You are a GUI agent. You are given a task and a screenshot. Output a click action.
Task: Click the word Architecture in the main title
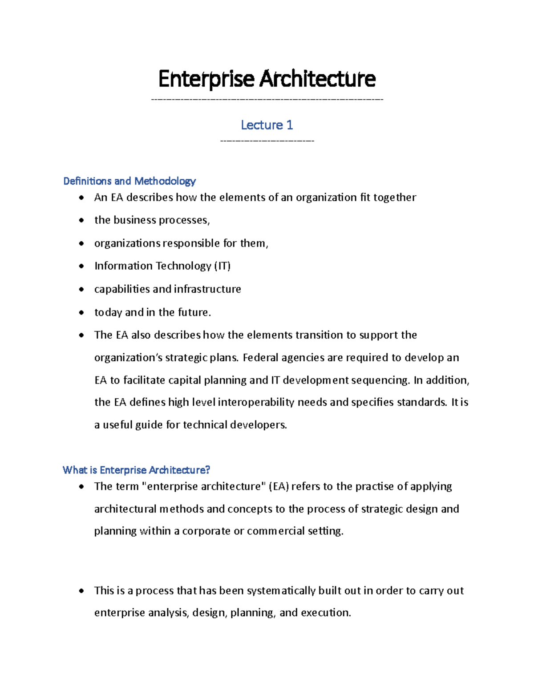[x=317, y=79]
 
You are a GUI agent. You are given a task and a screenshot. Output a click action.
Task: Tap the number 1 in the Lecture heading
[x=289, y=125]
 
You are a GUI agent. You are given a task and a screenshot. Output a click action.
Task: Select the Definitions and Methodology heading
[x=129, y=181]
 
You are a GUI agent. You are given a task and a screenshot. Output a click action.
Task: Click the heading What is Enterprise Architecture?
[x=136, y=470]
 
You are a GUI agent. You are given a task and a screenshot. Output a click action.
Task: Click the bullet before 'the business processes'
[x=81, y=220]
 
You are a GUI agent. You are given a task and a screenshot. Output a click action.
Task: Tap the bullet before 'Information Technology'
[x=81, y=266]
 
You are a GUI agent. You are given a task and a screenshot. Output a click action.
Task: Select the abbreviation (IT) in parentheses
[x=222, y=266]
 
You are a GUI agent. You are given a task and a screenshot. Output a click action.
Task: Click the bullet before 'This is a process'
[x=81, y=591]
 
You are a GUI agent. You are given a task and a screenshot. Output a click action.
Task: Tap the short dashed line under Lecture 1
[x=267, y=141]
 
